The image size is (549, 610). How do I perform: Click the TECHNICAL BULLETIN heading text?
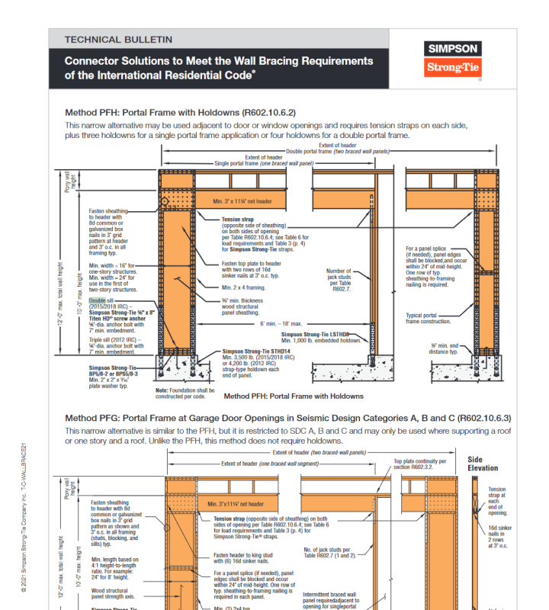tap(118, 39)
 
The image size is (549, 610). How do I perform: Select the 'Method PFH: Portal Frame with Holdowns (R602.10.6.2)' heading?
tap(180, 112)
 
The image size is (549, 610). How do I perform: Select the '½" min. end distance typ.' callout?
tap(444, 348)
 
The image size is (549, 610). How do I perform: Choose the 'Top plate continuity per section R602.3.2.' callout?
tap(419, 464)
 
